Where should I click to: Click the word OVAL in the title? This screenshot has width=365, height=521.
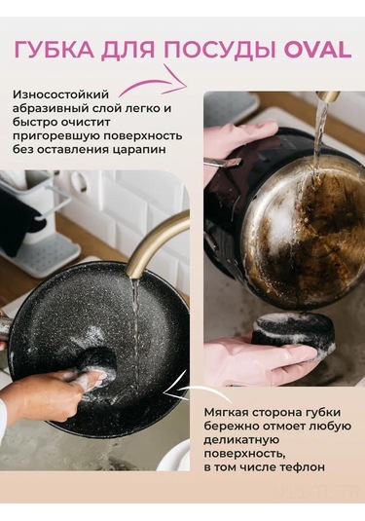click(x=317, y=51)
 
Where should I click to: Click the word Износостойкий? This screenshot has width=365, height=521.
click(x=60, y=94)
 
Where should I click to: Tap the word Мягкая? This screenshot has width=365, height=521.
click(x=225, y=412)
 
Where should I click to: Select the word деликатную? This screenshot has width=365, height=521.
click(x=240, y=440)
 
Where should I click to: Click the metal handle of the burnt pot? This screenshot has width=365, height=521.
click(x=223, y=162)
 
